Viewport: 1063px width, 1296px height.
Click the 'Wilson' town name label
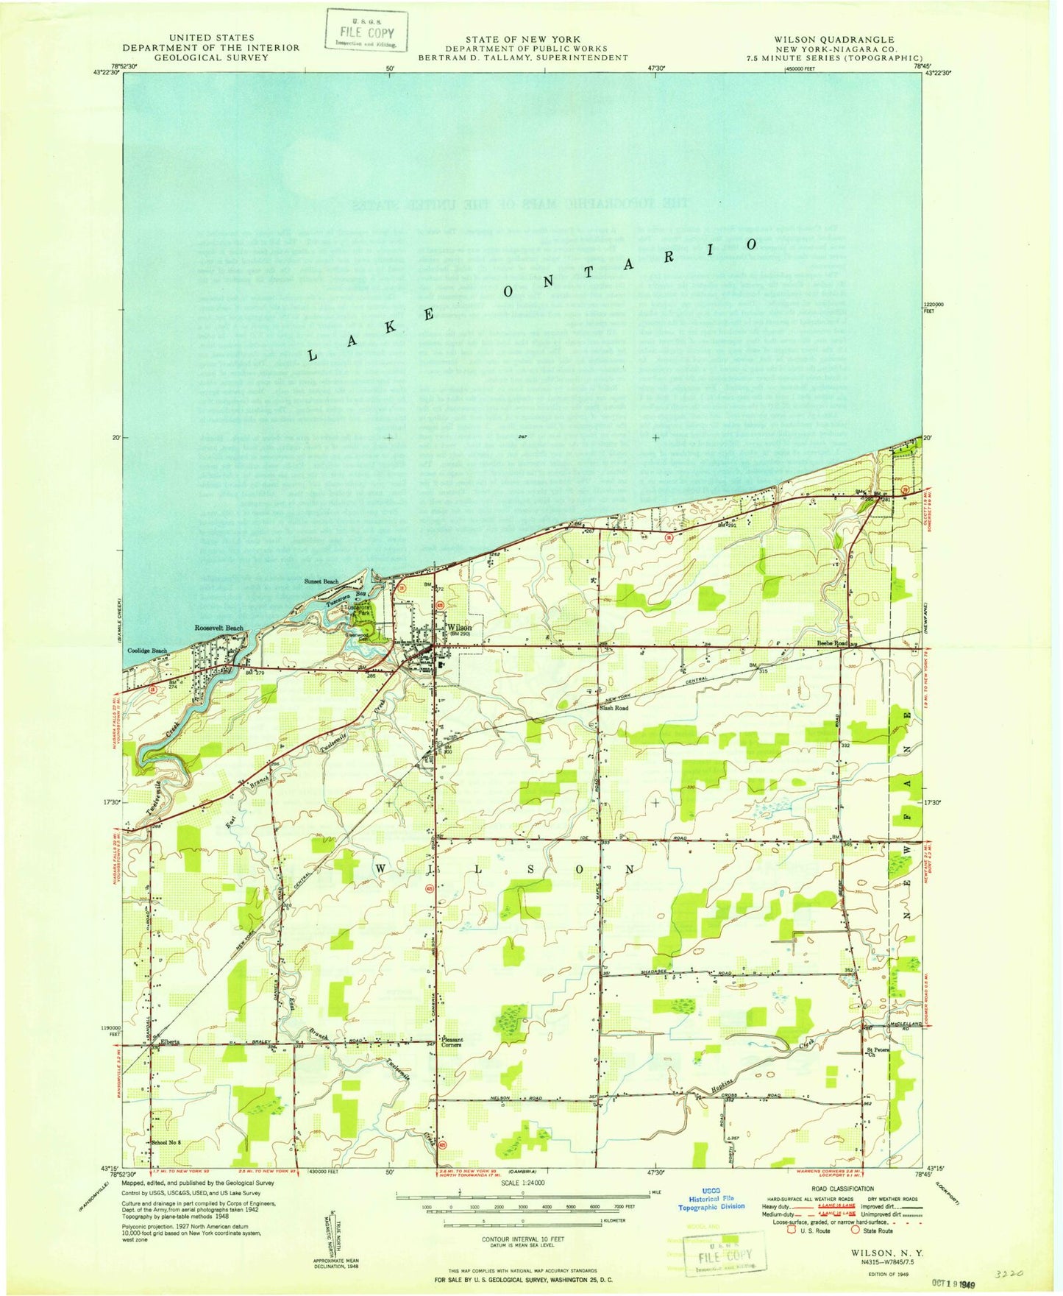(x=459, y=628)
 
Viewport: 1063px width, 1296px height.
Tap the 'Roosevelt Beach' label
(x=218, y=628)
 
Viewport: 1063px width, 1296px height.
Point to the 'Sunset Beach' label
(x=321, y=581)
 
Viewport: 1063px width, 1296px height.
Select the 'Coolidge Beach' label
(x=147, y=651)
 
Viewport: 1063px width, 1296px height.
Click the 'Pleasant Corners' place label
(x=451, y=1042)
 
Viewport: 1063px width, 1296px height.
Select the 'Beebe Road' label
(x=832, y=642)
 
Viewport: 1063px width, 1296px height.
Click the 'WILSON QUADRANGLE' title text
(x=833, y=40)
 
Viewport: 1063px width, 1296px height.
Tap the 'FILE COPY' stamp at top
(x=366, y=32)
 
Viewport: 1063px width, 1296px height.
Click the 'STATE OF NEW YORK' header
(x=522, y=39)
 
